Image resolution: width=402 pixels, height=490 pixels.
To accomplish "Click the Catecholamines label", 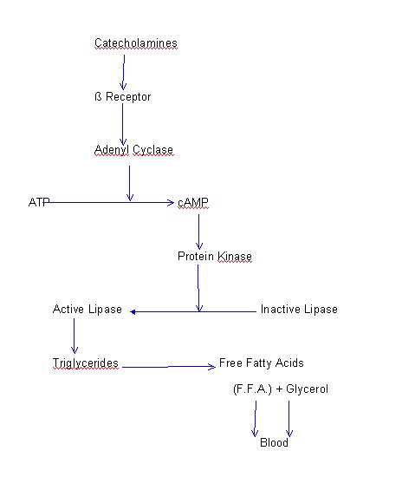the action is [136, 43].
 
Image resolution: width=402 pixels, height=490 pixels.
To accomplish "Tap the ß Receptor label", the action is [123, 97].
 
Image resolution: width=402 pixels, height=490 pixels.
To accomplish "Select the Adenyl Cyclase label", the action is [133, 150].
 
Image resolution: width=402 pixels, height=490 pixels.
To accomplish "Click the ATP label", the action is [39, 202].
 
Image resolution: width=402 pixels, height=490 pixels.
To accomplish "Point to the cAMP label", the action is [193, 203].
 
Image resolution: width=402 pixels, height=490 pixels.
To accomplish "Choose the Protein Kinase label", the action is [215, 256].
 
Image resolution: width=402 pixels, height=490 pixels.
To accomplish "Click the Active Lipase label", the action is [88, 310].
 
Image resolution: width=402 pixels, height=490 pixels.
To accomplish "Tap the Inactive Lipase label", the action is [299, 310].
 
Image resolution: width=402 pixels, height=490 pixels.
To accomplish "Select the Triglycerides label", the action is [86, 363].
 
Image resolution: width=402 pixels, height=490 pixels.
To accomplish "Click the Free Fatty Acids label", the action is [262, 363].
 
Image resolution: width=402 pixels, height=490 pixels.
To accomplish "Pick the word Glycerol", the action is [307, 389].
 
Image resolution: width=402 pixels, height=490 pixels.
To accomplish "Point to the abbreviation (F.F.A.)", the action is [252, 389].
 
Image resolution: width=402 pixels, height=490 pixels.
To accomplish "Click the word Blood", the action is [274, 442].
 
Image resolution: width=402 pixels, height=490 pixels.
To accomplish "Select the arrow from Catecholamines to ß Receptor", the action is [124, 73].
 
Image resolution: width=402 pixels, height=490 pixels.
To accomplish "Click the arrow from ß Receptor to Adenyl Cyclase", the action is [123, 124].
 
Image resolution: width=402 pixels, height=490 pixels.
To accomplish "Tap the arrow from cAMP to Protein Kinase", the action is [198, 232].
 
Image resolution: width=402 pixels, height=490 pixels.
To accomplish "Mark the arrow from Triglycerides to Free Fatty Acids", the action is [169, 367].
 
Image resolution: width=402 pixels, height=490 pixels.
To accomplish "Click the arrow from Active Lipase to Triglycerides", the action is [75, 336].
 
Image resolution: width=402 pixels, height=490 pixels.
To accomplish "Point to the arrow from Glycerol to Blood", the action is [289, 419].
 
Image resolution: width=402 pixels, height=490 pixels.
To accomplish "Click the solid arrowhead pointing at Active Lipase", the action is [133, 312].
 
